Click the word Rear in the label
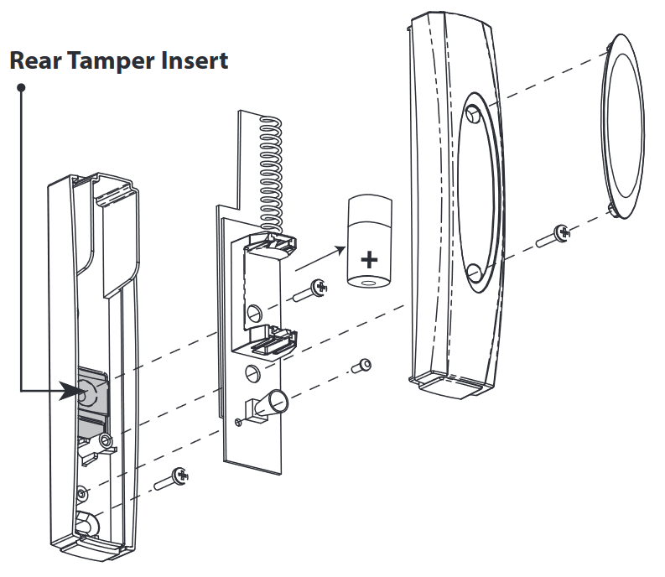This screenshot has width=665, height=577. coord(35,60)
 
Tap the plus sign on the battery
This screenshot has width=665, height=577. coord(367,259)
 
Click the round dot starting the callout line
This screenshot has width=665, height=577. coord(21,86)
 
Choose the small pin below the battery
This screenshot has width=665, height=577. coord(361,366)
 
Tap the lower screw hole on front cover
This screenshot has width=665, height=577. coord(473,274)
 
